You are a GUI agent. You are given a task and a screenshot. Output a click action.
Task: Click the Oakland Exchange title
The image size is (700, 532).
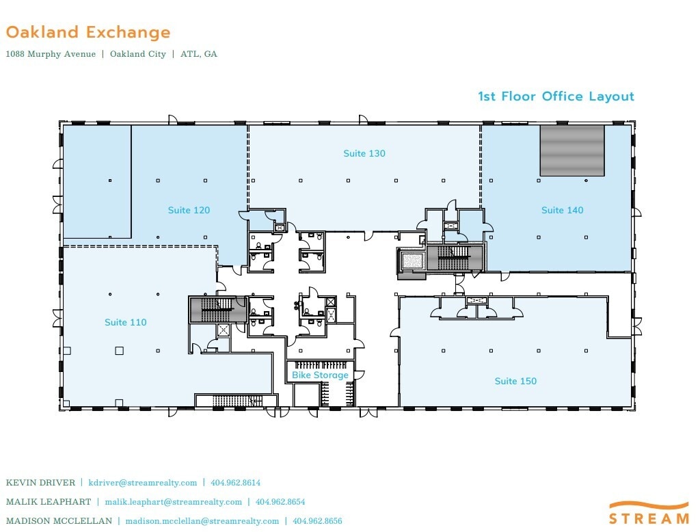click(x=88, y=32)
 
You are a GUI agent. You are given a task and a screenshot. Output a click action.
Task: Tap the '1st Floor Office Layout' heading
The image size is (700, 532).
click(x=556, y=96)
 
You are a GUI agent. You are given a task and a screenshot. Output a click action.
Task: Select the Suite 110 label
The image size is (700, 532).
click(x=126, y=322)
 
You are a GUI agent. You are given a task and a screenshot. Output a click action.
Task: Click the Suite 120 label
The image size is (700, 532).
click(x=189, y=210)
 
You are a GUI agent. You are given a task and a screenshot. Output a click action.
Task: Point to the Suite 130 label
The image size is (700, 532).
click(x=364, y=153)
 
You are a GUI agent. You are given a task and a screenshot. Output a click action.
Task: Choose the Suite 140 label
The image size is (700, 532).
click(x=563, y=210)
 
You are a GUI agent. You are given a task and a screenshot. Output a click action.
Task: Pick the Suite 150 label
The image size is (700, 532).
click(x=515, y=381)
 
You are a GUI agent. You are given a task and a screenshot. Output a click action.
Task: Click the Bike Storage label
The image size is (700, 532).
click(x=320, y=375)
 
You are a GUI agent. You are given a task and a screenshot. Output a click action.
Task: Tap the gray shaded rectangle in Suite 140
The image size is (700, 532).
click(x=572, y=150)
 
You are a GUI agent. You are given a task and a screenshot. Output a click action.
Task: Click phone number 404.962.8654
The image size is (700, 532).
click(x=280, y=502)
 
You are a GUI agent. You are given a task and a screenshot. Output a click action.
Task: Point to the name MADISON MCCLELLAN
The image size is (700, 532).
click(x=59, y=521)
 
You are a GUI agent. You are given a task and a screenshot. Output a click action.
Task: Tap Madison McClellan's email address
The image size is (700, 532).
click(x=202, y=521)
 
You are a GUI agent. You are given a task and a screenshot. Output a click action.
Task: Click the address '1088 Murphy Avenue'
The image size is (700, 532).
click(x=51, y=54)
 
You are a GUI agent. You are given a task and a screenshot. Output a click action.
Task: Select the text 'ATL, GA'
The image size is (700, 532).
click(x=199, y=54)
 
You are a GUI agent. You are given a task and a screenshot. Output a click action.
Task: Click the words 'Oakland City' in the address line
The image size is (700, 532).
click(x=138, y=54)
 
